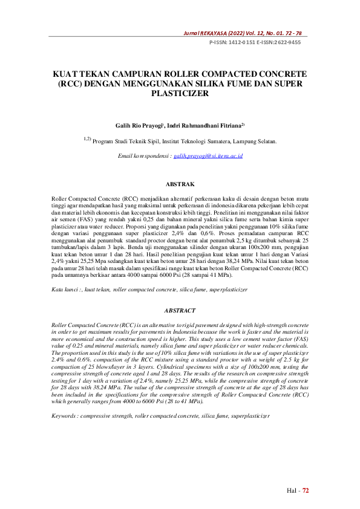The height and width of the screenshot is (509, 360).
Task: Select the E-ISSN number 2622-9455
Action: click(288, 43)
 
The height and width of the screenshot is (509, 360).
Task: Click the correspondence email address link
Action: click(208, 156)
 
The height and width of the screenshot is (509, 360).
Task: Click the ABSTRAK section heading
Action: click(180, 184)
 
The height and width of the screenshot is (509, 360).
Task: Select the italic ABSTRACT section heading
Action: click(180, 310)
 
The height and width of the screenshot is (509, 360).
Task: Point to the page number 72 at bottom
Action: click(306, 491)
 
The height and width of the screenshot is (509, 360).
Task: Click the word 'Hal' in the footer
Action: click(292, 491)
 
